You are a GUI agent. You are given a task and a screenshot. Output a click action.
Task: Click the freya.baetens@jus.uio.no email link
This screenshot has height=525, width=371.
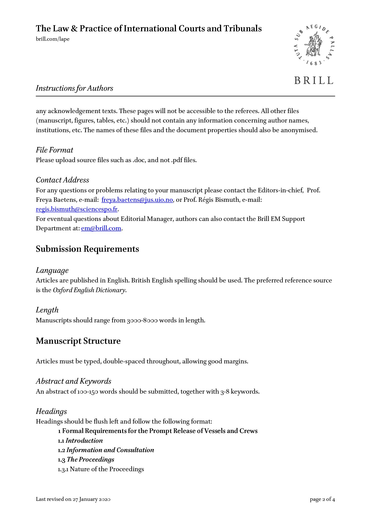[137, 200]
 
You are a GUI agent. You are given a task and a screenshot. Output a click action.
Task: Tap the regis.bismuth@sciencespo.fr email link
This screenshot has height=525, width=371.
[77, 209]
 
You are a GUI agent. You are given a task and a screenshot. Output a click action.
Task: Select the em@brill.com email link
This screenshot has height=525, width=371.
[101, 228]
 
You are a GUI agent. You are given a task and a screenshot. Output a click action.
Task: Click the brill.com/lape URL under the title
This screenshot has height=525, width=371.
[53, 39]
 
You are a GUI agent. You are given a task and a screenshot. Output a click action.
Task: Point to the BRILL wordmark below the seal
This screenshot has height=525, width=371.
[314, 80]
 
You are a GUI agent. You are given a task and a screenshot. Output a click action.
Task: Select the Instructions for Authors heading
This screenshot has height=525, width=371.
[75, 88]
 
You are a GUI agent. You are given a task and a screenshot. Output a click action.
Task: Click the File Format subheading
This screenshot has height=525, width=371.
[55, 150]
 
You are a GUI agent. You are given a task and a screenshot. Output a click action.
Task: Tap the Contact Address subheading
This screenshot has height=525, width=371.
[63, 180]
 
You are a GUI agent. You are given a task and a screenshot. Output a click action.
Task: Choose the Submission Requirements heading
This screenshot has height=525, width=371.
[87, 249]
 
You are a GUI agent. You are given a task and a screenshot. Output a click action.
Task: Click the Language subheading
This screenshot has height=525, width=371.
[52, 271]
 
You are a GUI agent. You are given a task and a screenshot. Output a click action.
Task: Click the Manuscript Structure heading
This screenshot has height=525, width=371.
[78, 341]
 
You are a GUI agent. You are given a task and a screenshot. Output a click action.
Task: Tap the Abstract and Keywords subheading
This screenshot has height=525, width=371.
[73, 381]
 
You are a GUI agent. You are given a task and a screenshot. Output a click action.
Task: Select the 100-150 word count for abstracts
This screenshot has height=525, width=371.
[88, 392]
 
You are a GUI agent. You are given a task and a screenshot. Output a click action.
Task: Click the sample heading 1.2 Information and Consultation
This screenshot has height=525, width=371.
[106, 450]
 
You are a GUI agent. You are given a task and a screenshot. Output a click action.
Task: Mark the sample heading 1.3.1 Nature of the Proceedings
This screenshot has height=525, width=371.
[101, 469]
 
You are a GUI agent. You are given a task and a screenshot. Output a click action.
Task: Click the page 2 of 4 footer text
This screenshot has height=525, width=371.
[322, 499]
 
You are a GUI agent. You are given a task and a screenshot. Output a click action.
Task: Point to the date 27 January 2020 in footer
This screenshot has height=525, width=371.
[91, 499]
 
